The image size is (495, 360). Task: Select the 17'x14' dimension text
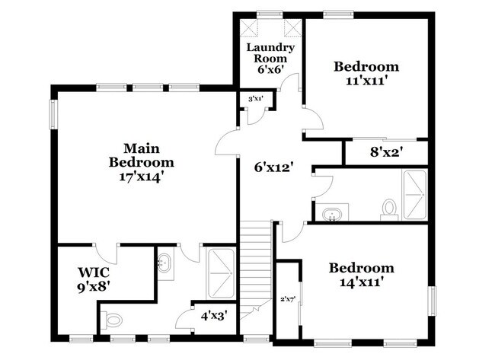[142, 177]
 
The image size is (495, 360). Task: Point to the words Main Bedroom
[142, 155]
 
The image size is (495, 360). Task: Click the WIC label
[93, 272]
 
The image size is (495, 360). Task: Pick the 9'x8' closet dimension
[93, 287]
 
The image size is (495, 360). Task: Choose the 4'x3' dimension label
[214, 314]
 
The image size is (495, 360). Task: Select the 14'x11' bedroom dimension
[361, 282]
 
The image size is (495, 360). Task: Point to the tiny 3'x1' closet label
[254, 99]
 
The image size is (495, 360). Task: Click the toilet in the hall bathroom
[389, 209]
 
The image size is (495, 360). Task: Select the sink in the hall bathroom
[333, 213]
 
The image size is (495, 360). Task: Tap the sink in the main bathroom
[164, 264]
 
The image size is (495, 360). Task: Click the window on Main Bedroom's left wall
[53, 114]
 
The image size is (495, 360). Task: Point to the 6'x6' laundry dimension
[270, 69]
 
